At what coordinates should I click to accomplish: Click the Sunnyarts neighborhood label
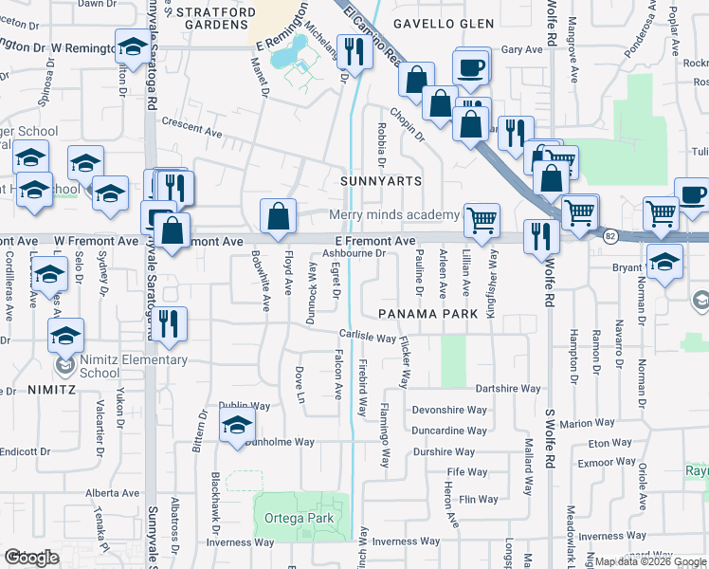click(381, 180)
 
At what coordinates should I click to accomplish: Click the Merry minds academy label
click(394, 215)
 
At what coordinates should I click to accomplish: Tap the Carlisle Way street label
click(368, 337)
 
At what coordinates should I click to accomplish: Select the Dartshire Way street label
click(507, 389)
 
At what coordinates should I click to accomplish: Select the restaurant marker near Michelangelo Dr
click(354, 53)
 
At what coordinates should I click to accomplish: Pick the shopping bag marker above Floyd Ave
click(277, 216)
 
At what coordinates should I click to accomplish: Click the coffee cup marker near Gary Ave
click(471, 66)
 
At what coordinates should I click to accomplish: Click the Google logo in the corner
click(31, 558)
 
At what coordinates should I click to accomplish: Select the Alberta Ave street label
click(112, 493)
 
